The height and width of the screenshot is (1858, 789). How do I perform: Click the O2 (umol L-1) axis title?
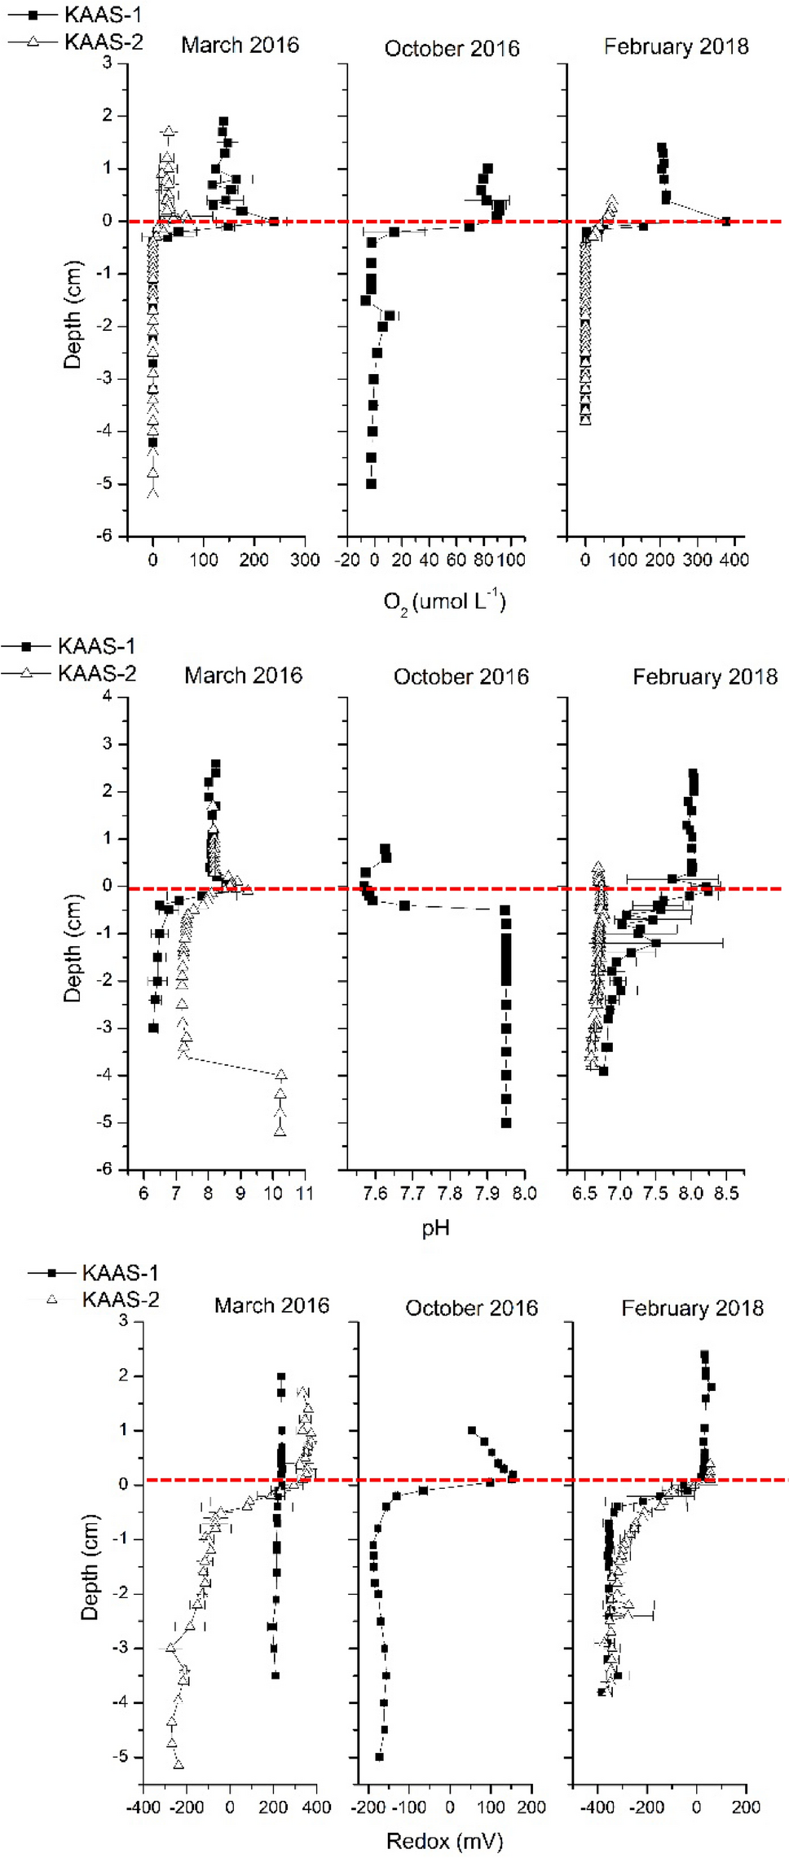pos(444,602)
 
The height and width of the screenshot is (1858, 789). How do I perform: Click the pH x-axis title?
pos(435,1227)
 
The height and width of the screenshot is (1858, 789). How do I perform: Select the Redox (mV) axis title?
pos(444,1840)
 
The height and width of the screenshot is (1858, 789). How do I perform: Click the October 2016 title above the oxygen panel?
pos(452,49)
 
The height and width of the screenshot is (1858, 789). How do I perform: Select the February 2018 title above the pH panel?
pos(704,677)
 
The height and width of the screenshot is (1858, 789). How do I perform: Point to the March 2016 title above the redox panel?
pos(271,1305)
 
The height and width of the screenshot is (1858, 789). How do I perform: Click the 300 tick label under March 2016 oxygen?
pos(305,560)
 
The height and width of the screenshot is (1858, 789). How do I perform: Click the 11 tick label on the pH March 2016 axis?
pos(305,1193)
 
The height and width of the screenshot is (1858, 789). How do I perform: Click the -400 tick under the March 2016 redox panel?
pos(143,1807)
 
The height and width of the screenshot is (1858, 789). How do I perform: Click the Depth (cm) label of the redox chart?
pos(90,1567)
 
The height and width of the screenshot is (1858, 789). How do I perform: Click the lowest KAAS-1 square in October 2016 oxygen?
pos(371,484)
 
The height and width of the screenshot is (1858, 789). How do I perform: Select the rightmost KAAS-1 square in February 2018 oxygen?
pos(726,221)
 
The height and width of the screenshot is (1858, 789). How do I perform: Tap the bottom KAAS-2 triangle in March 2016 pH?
pos(280,1131)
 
